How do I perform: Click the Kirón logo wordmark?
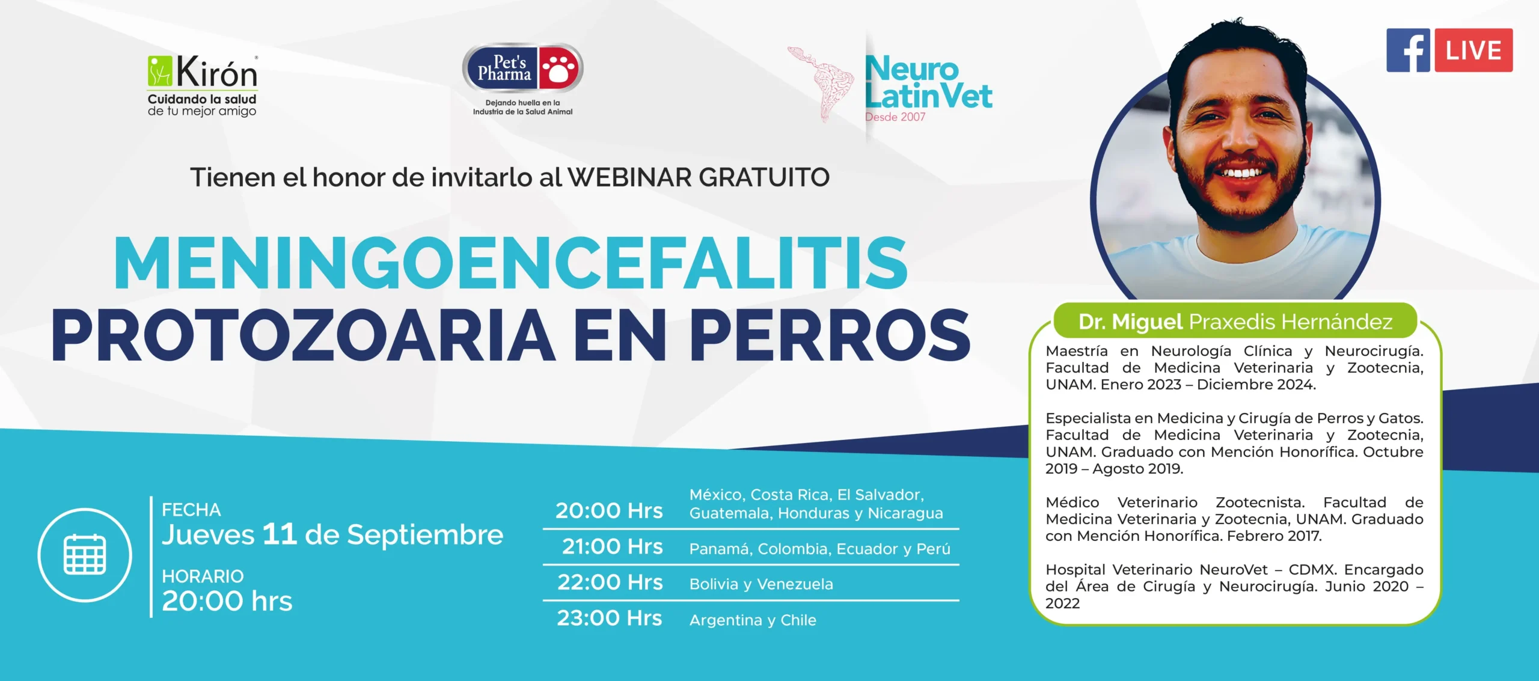(x=216, y=72)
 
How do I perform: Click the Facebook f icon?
(x=1409, y=50)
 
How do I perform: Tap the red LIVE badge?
(x=1473, y=50)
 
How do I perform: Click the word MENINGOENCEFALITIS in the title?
(x=510, y=263)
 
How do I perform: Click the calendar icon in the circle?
(x=85, y=554)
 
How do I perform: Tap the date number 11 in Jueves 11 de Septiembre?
(x=280, y=534)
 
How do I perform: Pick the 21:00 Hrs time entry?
(x=612, y=546)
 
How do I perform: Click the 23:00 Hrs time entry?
(x=610, y=618)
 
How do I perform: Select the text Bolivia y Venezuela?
(x=761, y=584)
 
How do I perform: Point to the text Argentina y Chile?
(x=753, y=620)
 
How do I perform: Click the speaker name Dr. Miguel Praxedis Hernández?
(x=1235, y=322)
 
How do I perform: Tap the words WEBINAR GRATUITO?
(x=699, y=177)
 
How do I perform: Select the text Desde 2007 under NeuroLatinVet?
(x=895, y=117)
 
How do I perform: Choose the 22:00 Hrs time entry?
(x=610, y=582)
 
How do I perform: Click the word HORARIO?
(x=203, y=576)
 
